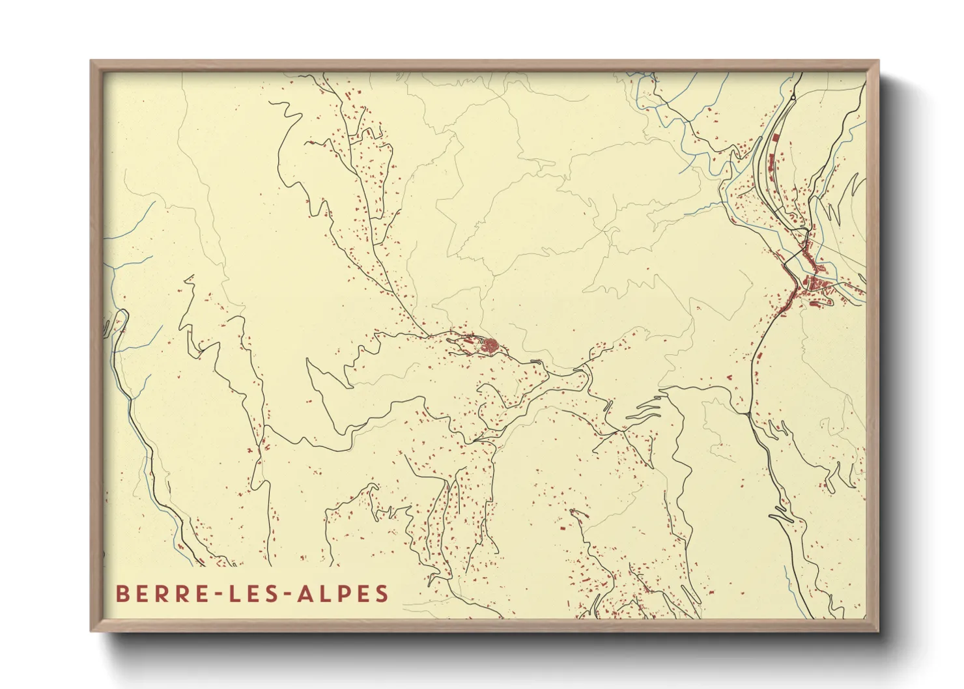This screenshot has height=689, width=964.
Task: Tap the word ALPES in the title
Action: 343,594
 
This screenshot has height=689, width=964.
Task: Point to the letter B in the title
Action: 121,594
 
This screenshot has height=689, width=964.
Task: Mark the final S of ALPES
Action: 382,594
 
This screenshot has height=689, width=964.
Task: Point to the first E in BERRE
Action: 139,594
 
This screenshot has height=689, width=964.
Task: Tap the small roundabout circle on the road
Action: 793,98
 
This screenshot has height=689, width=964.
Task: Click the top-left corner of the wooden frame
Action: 92,62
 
